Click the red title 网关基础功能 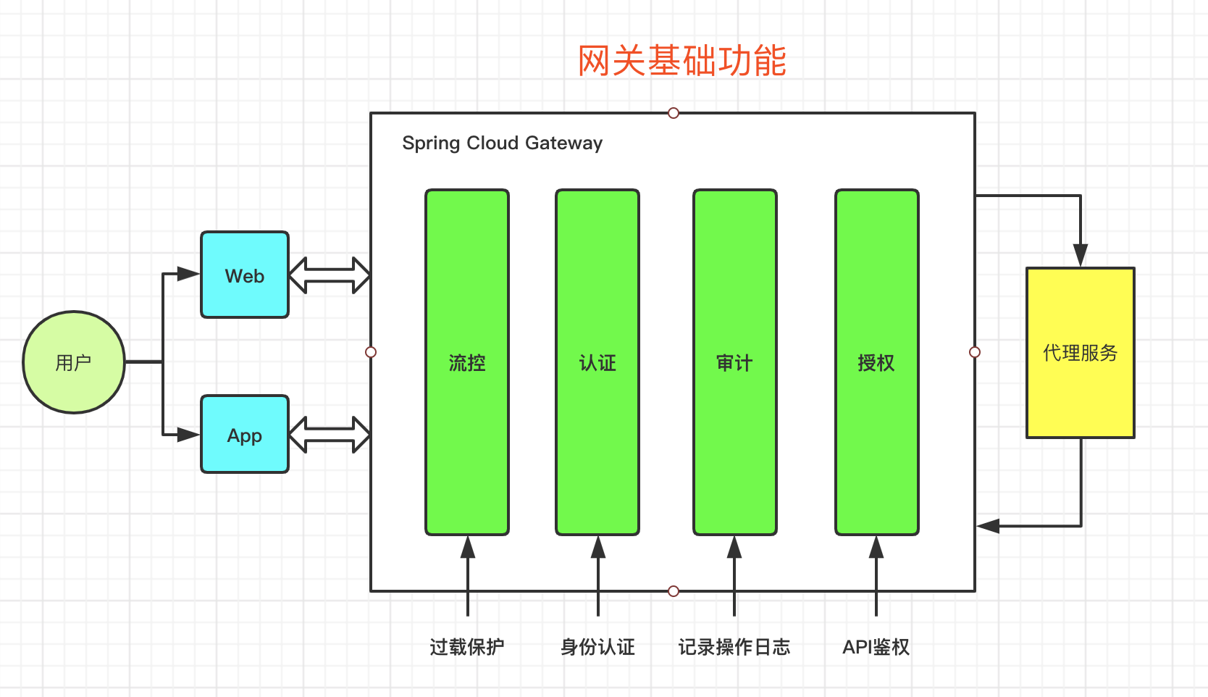click(682, 60)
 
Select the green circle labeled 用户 click(74, 362)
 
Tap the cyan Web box click(245, 275)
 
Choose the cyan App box click(245, 434)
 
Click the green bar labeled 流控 click(467, 362)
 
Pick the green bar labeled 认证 click(597, 362)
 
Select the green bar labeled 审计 click(735, 362)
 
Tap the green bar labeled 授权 click(877, 362)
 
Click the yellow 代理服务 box click(1081, 352)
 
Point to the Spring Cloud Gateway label click(502, 143)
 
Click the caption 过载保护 click(467, 647)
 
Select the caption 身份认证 click(597, 647)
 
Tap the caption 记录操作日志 click(734, 647)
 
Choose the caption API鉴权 click(876, 647)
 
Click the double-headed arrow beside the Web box click(330, 275)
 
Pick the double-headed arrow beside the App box click(330, 434)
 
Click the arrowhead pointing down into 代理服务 click(1081, 255)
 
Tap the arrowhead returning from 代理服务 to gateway click(988, 525)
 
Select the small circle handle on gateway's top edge click(673, 113)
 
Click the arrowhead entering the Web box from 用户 click(188, 274)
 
